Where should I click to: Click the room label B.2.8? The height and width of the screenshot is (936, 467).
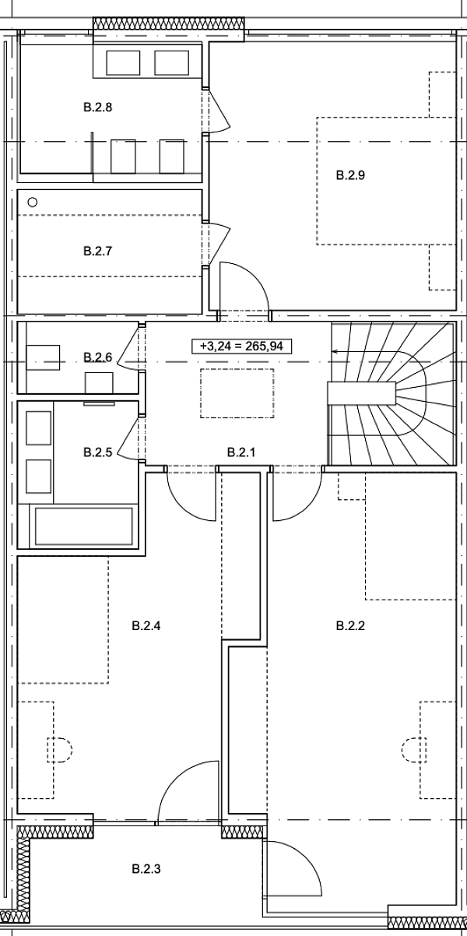98,107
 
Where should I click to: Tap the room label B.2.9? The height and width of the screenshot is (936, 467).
350,175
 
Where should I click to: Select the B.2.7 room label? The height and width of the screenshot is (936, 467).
98,251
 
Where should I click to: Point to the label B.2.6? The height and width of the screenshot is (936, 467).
98,357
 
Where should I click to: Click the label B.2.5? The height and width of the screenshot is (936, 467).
98,452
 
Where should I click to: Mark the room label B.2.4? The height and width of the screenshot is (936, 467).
146,625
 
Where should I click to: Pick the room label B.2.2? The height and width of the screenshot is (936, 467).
350,625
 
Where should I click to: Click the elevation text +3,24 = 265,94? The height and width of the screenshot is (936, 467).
241,346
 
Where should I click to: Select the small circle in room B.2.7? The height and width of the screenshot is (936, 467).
32,202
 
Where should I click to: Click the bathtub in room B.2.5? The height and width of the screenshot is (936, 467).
82,527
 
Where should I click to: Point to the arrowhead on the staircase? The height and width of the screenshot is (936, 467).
335,352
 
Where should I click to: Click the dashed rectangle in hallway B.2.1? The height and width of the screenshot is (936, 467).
237,392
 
